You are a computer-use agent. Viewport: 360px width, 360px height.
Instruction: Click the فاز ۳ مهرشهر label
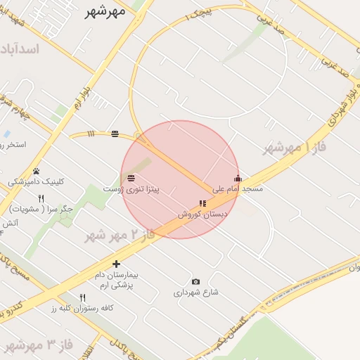coord(39,345)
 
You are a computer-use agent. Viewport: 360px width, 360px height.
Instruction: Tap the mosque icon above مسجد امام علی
coord(238,178)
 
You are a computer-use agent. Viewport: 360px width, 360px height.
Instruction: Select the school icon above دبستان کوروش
coord(203,203)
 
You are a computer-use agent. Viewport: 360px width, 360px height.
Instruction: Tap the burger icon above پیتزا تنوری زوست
coord(131,178)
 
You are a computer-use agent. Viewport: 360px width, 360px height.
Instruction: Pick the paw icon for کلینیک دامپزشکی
coord(36,171)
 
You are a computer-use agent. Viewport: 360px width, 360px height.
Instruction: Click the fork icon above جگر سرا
coord(41,198)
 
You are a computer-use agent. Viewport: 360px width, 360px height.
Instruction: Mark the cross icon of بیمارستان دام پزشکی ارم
coord(117,264)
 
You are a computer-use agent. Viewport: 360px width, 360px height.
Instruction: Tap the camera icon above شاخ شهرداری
coord(196,281)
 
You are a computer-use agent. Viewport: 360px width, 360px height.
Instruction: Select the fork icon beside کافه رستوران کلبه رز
coord(82,297)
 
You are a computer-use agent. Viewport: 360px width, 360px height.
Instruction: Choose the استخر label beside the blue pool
coord(15,145)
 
